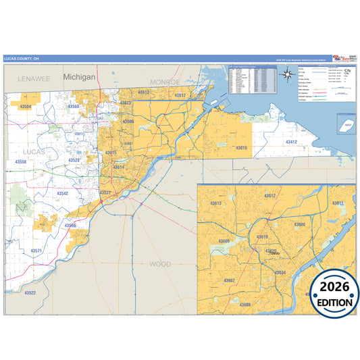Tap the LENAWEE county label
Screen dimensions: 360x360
34,79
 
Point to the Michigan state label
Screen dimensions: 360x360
80,78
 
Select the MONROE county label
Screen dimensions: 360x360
165,82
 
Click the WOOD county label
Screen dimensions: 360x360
160,263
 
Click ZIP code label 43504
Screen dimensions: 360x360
25,106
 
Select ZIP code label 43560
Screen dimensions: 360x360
74,107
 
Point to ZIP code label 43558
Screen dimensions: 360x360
21,162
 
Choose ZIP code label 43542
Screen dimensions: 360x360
62,193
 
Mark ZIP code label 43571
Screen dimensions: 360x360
36,251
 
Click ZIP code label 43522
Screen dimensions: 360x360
30,292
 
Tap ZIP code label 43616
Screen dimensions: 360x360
241,147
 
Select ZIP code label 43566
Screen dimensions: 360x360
70,225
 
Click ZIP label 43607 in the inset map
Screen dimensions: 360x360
230,280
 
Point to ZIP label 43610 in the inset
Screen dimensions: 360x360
263,237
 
